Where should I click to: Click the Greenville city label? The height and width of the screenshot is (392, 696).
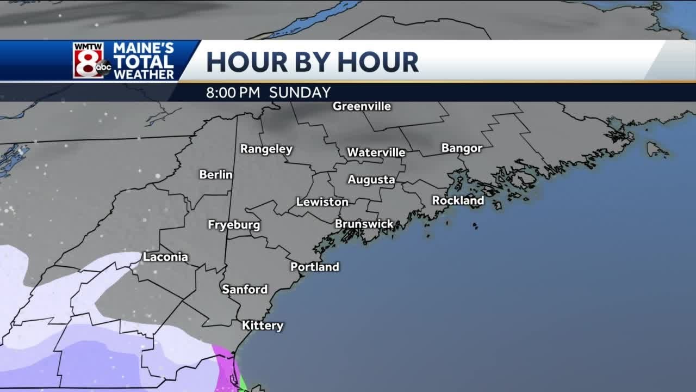[362, 106]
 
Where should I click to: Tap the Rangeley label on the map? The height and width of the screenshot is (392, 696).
[266, 149]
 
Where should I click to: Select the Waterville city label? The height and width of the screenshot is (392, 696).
[376, 152]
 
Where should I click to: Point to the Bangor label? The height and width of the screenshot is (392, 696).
[462, 148]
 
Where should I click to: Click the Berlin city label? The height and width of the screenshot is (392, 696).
[216, 175]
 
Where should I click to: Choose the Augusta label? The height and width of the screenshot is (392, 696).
[371, 180]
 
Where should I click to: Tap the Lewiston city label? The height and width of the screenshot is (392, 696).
[322, 202]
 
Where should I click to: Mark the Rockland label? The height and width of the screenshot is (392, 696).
[458, 200]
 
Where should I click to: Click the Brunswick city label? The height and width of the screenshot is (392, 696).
[364, 224]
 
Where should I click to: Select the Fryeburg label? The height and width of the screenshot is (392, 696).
[234, 225]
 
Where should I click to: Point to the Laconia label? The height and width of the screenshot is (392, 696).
[165, 257]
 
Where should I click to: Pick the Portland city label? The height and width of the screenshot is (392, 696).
[314, 267]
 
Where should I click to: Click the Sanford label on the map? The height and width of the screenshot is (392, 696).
[245, 290]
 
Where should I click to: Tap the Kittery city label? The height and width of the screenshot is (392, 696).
[263, 326]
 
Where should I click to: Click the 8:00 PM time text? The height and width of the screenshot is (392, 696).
[233, 93]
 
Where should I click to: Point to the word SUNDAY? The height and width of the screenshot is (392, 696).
[300, 93]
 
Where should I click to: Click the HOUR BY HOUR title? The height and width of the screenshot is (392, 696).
[312, 62]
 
